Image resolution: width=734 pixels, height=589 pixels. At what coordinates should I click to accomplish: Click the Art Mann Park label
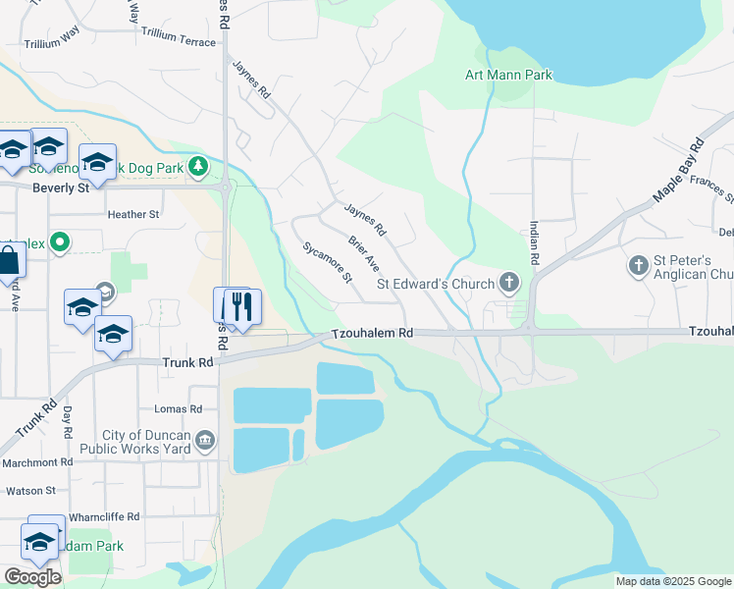pyautogui.click(x=508, y=75)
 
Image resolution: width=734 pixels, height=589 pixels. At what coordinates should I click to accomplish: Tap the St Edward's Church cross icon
pyautogui.click(x=508, y=284)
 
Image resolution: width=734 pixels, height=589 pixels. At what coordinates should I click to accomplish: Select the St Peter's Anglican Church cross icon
pyautogui.click(x=638, y=265)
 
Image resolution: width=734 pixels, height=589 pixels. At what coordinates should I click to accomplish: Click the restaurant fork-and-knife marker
pyautogui.click(x=239, y=306)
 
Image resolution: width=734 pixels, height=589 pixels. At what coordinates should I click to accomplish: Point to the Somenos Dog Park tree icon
pyautogui.click(x=198, y=167)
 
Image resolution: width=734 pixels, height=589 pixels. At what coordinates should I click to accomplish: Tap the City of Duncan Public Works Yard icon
pyautogui.click(x=205, y=440)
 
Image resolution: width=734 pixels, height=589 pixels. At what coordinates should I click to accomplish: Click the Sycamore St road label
pyautogui.click(x=328, y=262)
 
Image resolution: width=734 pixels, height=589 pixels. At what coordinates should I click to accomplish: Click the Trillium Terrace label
pyautogui.click(x=178, y=42)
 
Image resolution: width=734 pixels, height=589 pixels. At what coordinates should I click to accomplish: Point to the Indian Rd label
pyautogui.click(x=535, y=245)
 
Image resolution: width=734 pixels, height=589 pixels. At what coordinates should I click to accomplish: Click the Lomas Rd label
pyautogui.click(x=178, y=408)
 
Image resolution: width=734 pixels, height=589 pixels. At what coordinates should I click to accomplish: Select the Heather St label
pyautogui.click(x=133, y=214)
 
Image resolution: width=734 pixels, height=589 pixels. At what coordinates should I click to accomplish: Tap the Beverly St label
pyautogui.click(x=61, y=187)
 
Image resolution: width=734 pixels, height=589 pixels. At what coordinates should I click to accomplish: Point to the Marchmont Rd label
pyautogui.click(x=37, y=461)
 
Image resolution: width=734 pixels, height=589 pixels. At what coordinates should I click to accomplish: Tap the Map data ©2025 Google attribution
pyautogui.click(x=672, y=581)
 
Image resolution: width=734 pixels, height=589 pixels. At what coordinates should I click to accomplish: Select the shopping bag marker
pyautogui.click(x=8, y=261)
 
